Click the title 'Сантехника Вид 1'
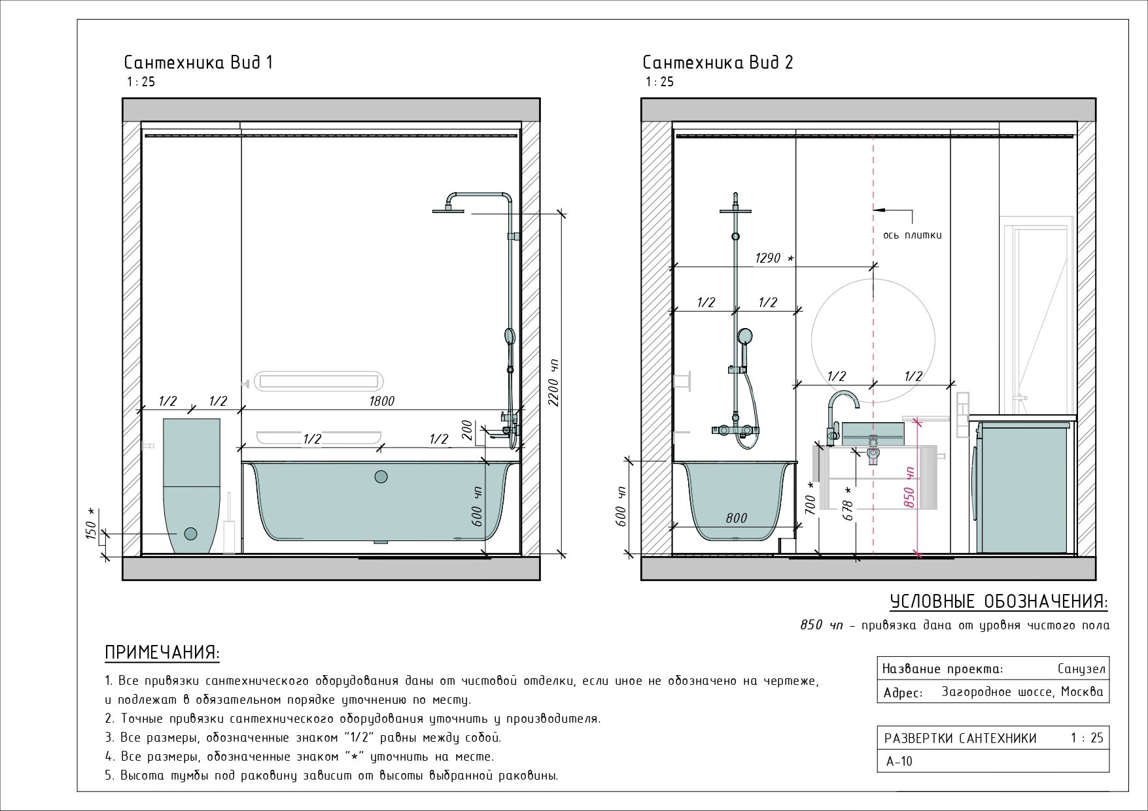pos(198,63)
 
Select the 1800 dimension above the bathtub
pos(381,401)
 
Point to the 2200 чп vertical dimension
pos(555,382)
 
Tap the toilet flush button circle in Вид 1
pos(190,534)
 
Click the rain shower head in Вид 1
pos(449,210)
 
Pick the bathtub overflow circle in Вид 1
pos(381,477)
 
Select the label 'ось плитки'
pos(912,235)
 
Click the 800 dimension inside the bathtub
pos(736,518)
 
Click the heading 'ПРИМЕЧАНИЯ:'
pos(162,653)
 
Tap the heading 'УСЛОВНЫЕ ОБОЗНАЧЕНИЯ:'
pos(999,601)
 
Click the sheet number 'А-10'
pos(899,761)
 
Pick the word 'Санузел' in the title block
pos(1081,669)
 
